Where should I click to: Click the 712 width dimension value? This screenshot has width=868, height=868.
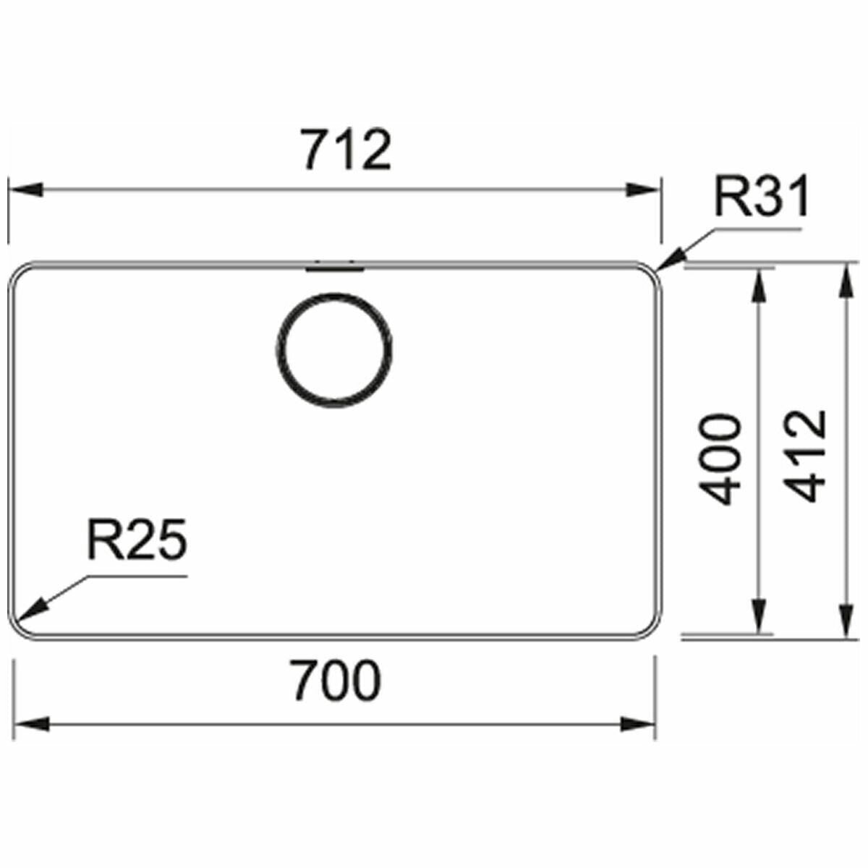point(346,150)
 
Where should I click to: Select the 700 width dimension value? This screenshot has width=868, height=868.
point(337,680)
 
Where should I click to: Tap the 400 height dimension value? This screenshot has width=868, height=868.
point(718,459)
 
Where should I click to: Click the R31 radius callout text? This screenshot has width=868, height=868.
point(761,197)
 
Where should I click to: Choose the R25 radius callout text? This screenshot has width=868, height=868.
point(137,539)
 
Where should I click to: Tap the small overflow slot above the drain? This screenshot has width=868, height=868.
point(335,269)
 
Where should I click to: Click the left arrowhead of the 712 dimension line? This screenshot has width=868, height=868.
point(25,190)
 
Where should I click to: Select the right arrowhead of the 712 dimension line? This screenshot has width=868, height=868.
point(643,190)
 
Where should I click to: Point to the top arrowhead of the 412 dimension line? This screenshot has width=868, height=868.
point(846,280)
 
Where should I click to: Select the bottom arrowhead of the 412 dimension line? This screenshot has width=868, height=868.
point(846,621)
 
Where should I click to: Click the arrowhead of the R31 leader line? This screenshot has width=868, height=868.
point(671,261)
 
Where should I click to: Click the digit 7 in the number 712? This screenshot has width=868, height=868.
point(317,150)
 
